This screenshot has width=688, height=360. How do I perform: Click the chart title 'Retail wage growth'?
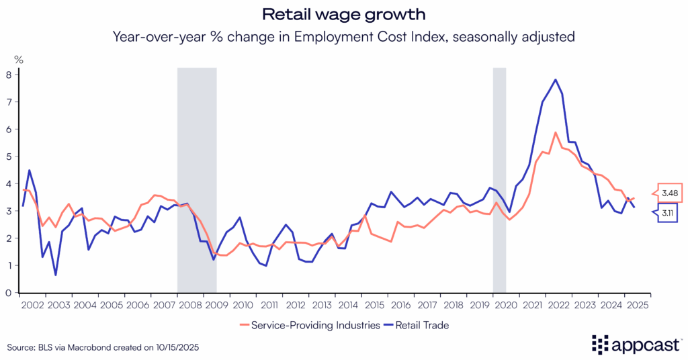pyautogui.click(x=343, y=14)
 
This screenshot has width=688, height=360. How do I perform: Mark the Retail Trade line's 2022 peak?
pyautogui.click(x=556, y=80)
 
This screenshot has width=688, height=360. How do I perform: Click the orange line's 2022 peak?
pyautogui.click(x=556, y=132)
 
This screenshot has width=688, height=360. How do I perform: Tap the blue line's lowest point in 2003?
pyautogui.click(x=56, y=275)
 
